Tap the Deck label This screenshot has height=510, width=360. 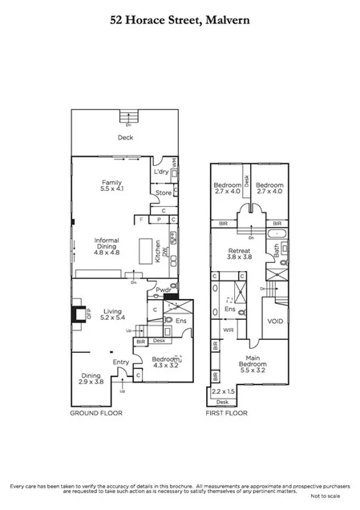pyautogui.click(x=124, y=137)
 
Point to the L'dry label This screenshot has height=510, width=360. pyautogui.click(x=161, y=173)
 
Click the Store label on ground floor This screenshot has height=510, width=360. pyautogui.click(x=164, y=192)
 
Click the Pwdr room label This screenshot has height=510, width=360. pyautogui.click(x=164, y=289)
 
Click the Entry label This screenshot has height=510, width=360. pyautogui.click(x=121, y=362)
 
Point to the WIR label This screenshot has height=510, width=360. pyautogui.click(x=228, y=330)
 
